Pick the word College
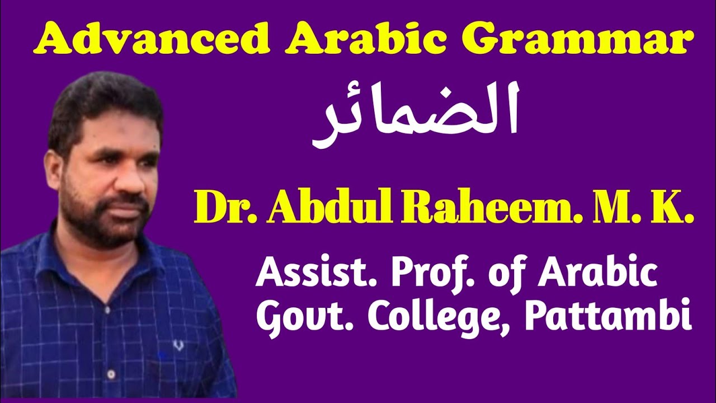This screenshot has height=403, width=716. (x=428, y=319)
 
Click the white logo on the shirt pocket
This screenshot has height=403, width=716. (x=178, y=345)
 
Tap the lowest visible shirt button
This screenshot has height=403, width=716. (x=111, y=373)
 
